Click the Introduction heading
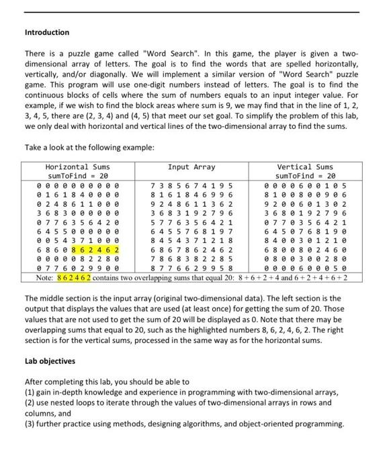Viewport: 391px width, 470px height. [47, 32]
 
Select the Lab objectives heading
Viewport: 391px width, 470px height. [50, 361]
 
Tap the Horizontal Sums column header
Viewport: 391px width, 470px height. [77, 167]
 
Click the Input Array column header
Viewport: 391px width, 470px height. [192, 167]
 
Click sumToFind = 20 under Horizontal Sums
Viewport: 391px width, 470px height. [77, 175]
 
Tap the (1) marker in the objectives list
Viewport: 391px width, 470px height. [30, 392]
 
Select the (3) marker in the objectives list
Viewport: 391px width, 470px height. [30, 424]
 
